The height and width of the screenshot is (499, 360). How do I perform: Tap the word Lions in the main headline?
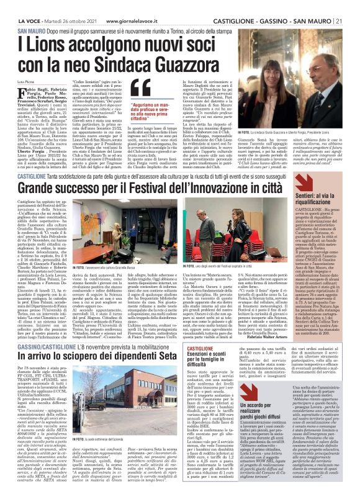[43, 44]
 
